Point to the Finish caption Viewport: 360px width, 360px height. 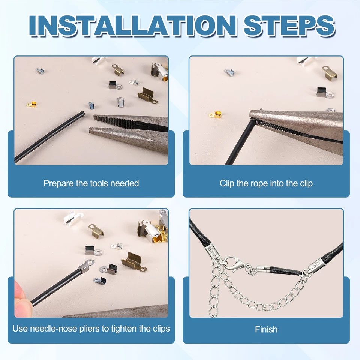tap(266, 329)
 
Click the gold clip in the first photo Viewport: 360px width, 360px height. tap(31, 105)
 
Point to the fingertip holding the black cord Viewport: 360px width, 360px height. tap(22, 298)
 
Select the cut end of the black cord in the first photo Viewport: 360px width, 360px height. tap(82, 113)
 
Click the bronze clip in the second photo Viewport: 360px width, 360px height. tap(330, 72)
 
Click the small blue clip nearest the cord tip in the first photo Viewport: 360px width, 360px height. tap(91, 105)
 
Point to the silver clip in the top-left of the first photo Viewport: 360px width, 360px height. tap(40, 71)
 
